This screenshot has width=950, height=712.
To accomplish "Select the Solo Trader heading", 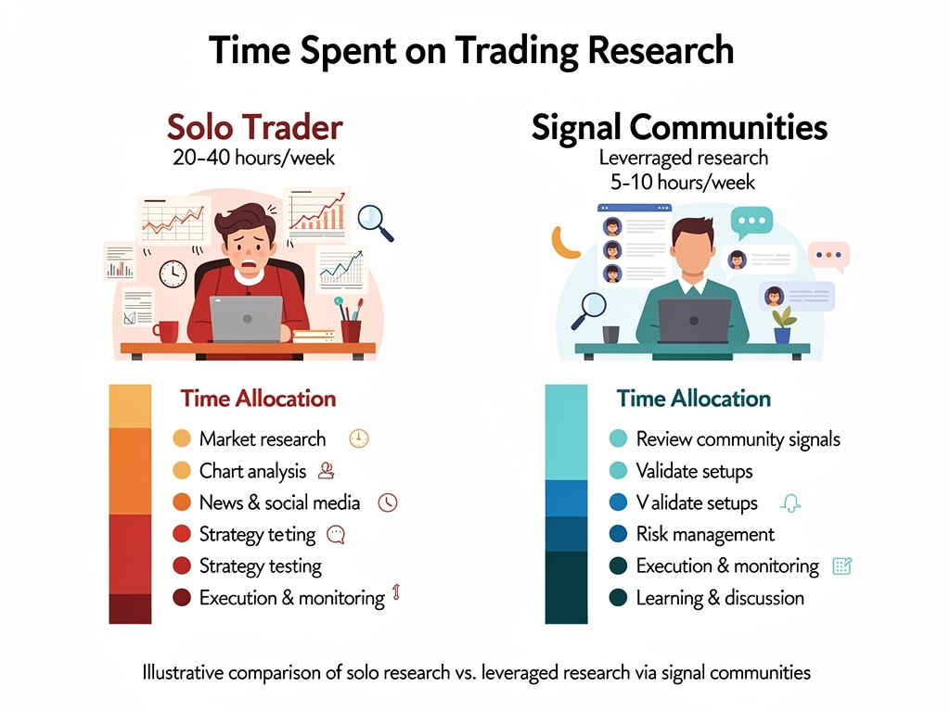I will click(x=254, y=127).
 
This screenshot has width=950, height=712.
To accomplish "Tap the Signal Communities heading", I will click(x=679, y=127).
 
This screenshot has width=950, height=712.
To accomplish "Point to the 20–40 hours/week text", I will click(x=254, y=158).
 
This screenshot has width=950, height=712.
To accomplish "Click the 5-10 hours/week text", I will click(x=683, y=182).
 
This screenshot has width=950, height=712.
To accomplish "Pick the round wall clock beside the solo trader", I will click(x=173, y=273).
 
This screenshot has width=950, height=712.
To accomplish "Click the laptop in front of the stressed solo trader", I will click(x=246, y=319).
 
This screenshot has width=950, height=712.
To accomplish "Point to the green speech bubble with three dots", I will click(x=751, y=222).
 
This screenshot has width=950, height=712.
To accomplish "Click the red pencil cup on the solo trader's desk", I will click(x=351, y=329).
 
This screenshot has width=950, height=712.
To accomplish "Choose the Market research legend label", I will click(x=263, y=439).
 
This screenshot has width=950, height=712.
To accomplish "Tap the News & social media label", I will click(x=279, y=502).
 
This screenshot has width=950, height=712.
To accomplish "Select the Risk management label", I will click(x=705, y=534).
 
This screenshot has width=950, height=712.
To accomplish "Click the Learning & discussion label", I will click(x=720, y=598).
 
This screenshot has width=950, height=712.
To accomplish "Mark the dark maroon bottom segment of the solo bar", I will click(x=130, y=608).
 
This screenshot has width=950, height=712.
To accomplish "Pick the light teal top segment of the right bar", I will click(x=566, y=432).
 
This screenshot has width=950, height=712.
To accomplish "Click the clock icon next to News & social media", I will click(x=388, y=502).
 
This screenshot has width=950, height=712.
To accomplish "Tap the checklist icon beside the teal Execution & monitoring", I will click(x=842, y=566).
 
